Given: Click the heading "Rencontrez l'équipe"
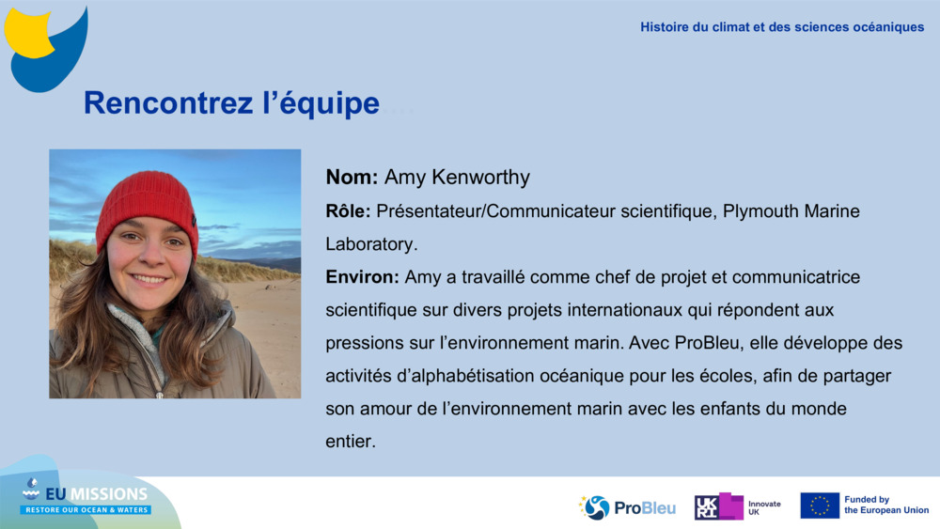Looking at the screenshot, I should (231, 103).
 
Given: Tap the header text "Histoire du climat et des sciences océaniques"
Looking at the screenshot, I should (782, 27).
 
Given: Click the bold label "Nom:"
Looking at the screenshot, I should (352, 178).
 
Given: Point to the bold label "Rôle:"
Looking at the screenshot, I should (348, 211).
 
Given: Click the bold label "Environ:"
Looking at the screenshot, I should (363, 277).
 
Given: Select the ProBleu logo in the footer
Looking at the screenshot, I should (627, 507).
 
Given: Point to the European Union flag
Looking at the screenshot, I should (820, 506).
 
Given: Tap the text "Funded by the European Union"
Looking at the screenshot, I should (885, 506).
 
